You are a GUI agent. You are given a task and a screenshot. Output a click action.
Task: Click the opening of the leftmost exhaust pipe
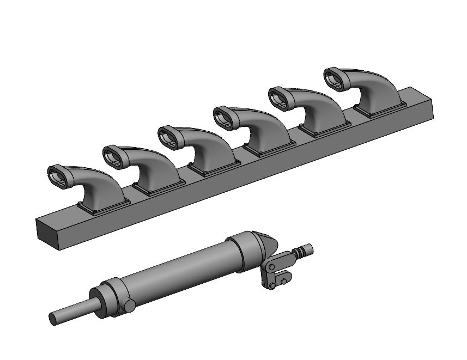pyautogui.click(x=58, y=175)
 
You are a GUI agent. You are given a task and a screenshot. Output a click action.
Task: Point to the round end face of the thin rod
pyautogui.click(x=53, y=320)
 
